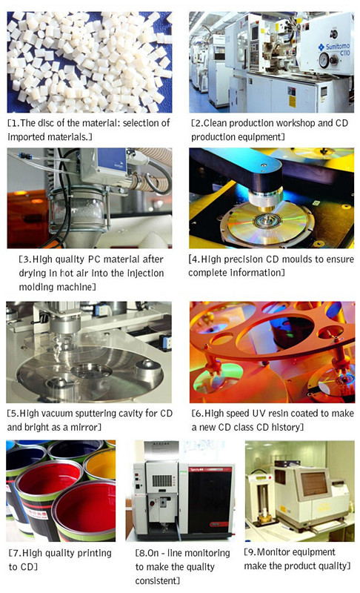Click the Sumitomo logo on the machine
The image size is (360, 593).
(334, 47)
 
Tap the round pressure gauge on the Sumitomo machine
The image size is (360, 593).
(324, 60)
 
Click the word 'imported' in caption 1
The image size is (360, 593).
(26, 137)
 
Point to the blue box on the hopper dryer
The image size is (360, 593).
(112, 159)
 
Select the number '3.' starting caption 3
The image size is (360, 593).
(27, 259)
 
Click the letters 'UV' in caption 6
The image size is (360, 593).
(258, 414)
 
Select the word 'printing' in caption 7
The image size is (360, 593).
(93, 553)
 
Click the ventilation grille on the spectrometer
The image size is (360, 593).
(161, 480)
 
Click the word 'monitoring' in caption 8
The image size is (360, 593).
(207, 553)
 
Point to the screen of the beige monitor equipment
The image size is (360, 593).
(314, 484)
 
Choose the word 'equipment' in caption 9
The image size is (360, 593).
(316, 552)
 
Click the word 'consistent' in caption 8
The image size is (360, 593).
(157, 580)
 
